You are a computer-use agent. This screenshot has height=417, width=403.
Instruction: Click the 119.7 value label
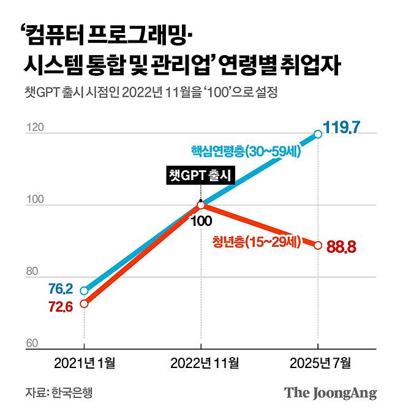349,129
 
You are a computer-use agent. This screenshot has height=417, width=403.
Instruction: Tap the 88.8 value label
341,248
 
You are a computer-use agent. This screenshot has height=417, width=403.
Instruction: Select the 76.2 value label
61,288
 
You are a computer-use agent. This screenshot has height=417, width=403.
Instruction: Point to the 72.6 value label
61,307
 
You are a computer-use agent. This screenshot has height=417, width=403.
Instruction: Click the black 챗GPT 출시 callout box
201,176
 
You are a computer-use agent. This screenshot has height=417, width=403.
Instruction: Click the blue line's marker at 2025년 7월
318,133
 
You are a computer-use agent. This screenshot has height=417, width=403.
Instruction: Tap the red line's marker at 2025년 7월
318,245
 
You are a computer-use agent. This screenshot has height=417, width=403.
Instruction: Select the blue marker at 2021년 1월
84,290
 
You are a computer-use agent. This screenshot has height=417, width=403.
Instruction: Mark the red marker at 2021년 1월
84,303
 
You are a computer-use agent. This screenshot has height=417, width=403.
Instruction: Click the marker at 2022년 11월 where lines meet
201,204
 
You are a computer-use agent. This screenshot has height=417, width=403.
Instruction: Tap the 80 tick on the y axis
32,272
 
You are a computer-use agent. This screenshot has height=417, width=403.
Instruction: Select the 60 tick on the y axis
32,344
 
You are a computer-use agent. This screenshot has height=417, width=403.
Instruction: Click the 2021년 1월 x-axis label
85,363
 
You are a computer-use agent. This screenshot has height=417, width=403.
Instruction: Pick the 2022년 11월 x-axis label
201,363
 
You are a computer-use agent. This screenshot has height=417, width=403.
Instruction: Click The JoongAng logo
330,393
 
